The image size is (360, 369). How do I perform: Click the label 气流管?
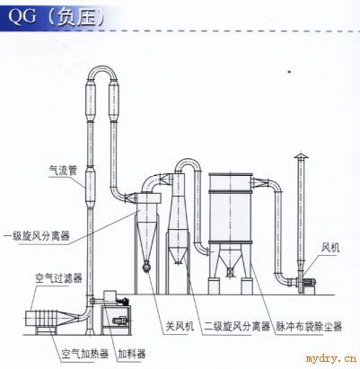pos(63,171)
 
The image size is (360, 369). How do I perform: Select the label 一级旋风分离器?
pos(37,236)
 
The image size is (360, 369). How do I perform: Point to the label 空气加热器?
pos(85,354)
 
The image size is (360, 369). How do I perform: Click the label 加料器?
pos(132,354)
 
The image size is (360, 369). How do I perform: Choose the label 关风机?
pos(180,326)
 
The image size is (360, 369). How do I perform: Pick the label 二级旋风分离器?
pos(237,326)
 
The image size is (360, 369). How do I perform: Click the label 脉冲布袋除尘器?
pos(309,326)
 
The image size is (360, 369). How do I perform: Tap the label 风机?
pos(330,248)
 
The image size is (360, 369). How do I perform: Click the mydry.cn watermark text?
pos(331,358)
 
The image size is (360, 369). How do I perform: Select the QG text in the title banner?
pos(22,15)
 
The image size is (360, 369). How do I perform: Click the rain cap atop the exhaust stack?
pos(301,156)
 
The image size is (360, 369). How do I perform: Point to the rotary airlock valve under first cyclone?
pos(146,267)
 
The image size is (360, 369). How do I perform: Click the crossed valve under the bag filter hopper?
pos(230,272)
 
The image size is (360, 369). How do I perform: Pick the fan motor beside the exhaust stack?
pos(309,282)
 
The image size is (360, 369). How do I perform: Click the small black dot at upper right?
pos(289,72)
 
